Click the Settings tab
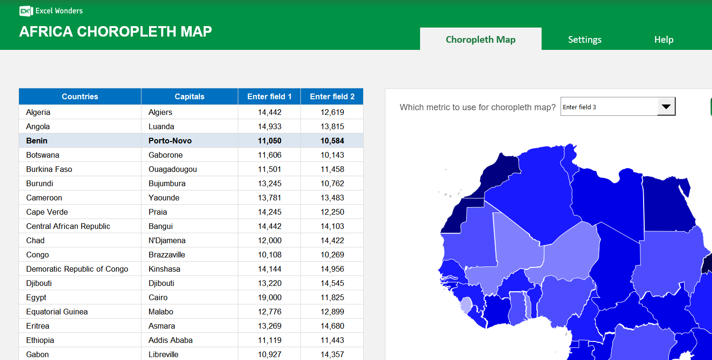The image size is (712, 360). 584,39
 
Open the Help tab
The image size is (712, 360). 664,39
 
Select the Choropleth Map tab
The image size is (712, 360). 480,39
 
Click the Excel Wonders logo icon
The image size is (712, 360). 26,11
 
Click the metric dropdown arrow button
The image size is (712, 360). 666,107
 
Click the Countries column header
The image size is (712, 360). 80,96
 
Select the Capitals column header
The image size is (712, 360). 189,96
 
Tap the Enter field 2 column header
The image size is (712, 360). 332,96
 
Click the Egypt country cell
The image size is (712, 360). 37,297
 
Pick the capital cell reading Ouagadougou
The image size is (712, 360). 172,169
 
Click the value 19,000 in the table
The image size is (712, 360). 270,297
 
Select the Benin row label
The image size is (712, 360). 37,141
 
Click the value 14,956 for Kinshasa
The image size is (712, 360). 332,269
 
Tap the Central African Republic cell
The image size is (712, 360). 68,226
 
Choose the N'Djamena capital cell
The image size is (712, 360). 167,240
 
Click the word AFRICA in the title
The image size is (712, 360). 46,31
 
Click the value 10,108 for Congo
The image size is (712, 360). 270,255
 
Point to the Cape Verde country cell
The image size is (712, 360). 47,212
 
